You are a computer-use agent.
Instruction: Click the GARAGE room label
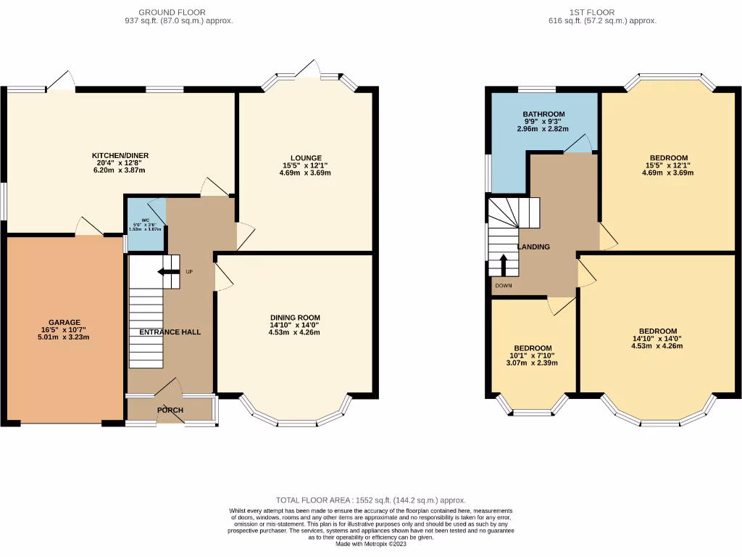pos(64,323)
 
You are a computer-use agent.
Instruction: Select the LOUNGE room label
pos(305,157)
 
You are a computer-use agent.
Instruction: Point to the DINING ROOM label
pos(295,318)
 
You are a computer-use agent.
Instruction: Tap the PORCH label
pos(170,410)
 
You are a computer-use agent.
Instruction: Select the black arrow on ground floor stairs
pos(170,272)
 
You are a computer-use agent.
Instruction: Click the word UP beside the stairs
pos(189,272)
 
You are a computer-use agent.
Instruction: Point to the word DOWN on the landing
pos(504,286)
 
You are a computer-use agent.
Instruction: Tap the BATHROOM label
pos(543,115)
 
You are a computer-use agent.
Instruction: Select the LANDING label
pos(533,247)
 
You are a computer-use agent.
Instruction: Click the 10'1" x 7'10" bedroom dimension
pos(533,355)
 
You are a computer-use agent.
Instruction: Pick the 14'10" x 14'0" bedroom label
pos(657,339)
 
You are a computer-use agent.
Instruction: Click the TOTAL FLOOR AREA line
pos(371,500)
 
